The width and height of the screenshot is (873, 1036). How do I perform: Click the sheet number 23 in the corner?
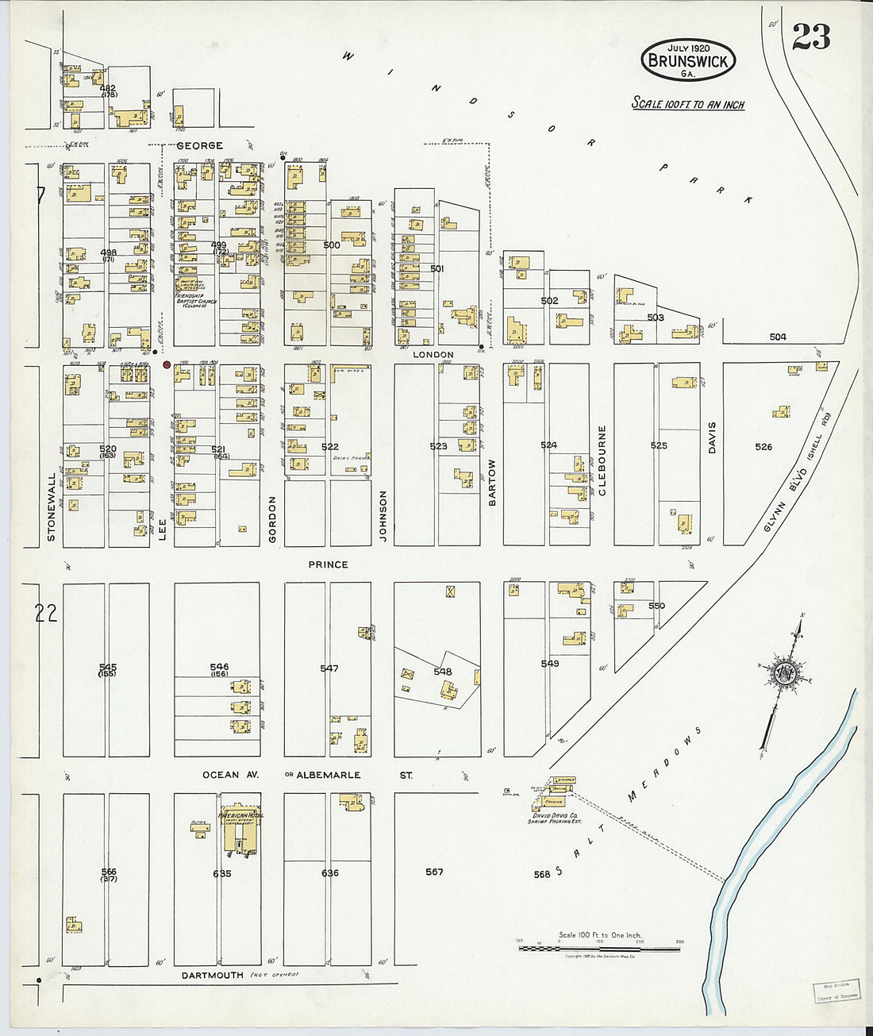click(x=811, y=37)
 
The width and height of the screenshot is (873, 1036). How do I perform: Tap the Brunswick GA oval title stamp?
click(x=688, y=60)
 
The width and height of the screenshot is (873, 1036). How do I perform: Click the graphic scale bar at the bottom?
click(x=600, y=947)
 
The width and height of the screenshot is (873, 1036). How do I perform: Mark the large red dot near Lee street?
click(x=167, y=365)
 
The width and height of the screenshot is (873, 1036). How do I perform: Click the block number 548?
click(x=442, y=672)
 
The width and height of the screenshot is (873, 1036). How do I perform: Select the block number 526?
click(x=763, y=447)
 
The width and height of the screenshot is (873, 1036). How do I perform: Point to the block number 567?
click(x=434, y=872)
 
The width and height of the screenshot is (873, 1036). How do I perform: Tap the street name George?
click(x=199, y=146)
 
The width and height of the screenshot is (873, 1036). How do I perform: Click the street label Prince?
click(x=328, y=564)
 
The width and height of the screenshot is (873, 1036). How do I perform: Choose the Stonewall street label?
click(x=52, y=507)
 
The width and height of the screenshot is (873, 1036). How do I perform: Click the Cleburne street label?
click(x=602, y=460)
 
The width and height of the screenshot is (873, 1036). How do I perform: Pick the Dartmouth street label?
click(x=213, y=975)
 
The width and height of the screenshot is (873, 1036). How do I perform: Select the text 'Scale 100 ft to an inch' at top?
click(x=687, y=103)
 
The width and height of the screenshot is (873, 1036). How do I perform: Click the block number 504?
click(x=778, y=337)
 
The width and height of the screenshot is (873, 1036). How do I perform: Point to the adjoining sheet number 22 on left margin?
click(x=47, y=612)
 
